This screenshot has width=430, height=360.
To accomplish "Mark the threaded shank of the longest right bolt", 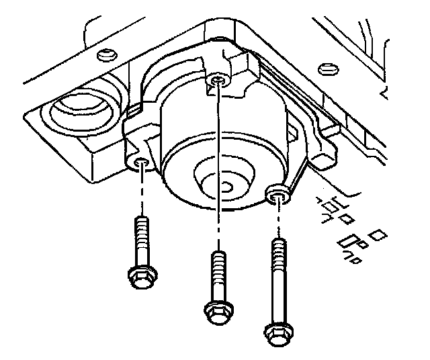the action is (277, 275).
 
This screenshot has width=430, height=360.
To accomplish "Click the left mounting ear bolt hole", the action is (140, 164).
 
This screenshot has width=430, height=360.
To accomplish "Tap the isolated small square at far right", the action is (380, 235).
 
